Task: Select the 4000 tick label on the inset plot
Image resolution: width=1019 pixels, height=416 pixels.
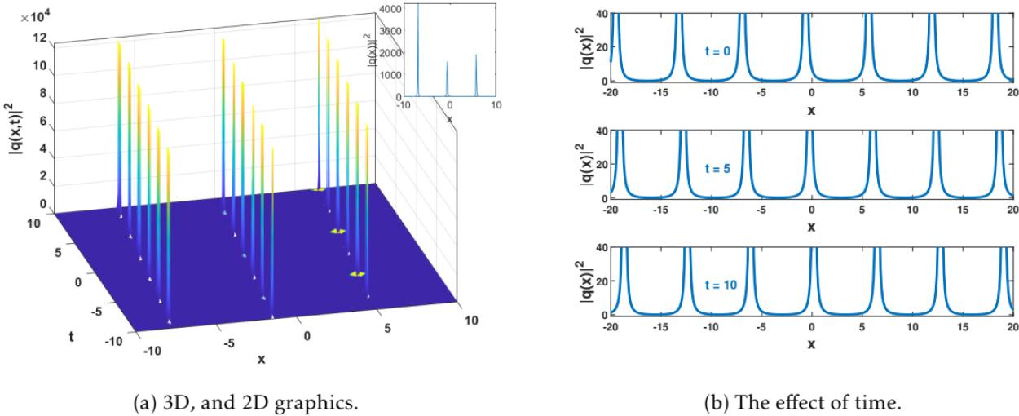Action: [x=391, y=9]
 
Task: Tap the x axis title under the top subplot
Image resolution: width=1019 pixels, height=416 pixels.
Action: [x=811, y=109]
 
